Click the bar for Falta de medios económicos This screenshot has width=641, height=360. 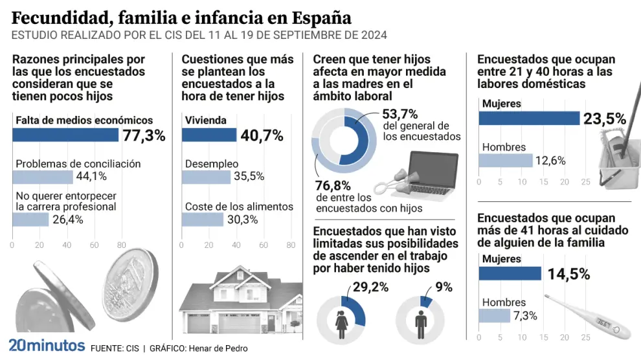(65, 135)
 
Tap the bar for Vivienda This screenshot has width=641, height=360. (209, 135)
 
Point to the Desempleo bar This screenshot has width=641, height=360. (206, 177)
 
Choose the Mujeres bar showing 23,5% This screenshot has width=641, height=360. (529, 118)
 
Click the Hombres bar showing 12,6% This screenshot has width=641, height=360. (506, 161)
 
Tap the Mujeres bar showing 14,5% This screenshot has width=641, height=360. (510, 273)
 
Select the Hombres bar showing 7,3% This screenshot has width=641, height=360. (495, 315)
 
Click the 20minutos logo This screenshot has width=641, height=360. (46, 344)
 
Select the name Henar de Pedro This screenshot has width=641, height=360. (219, 348)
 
